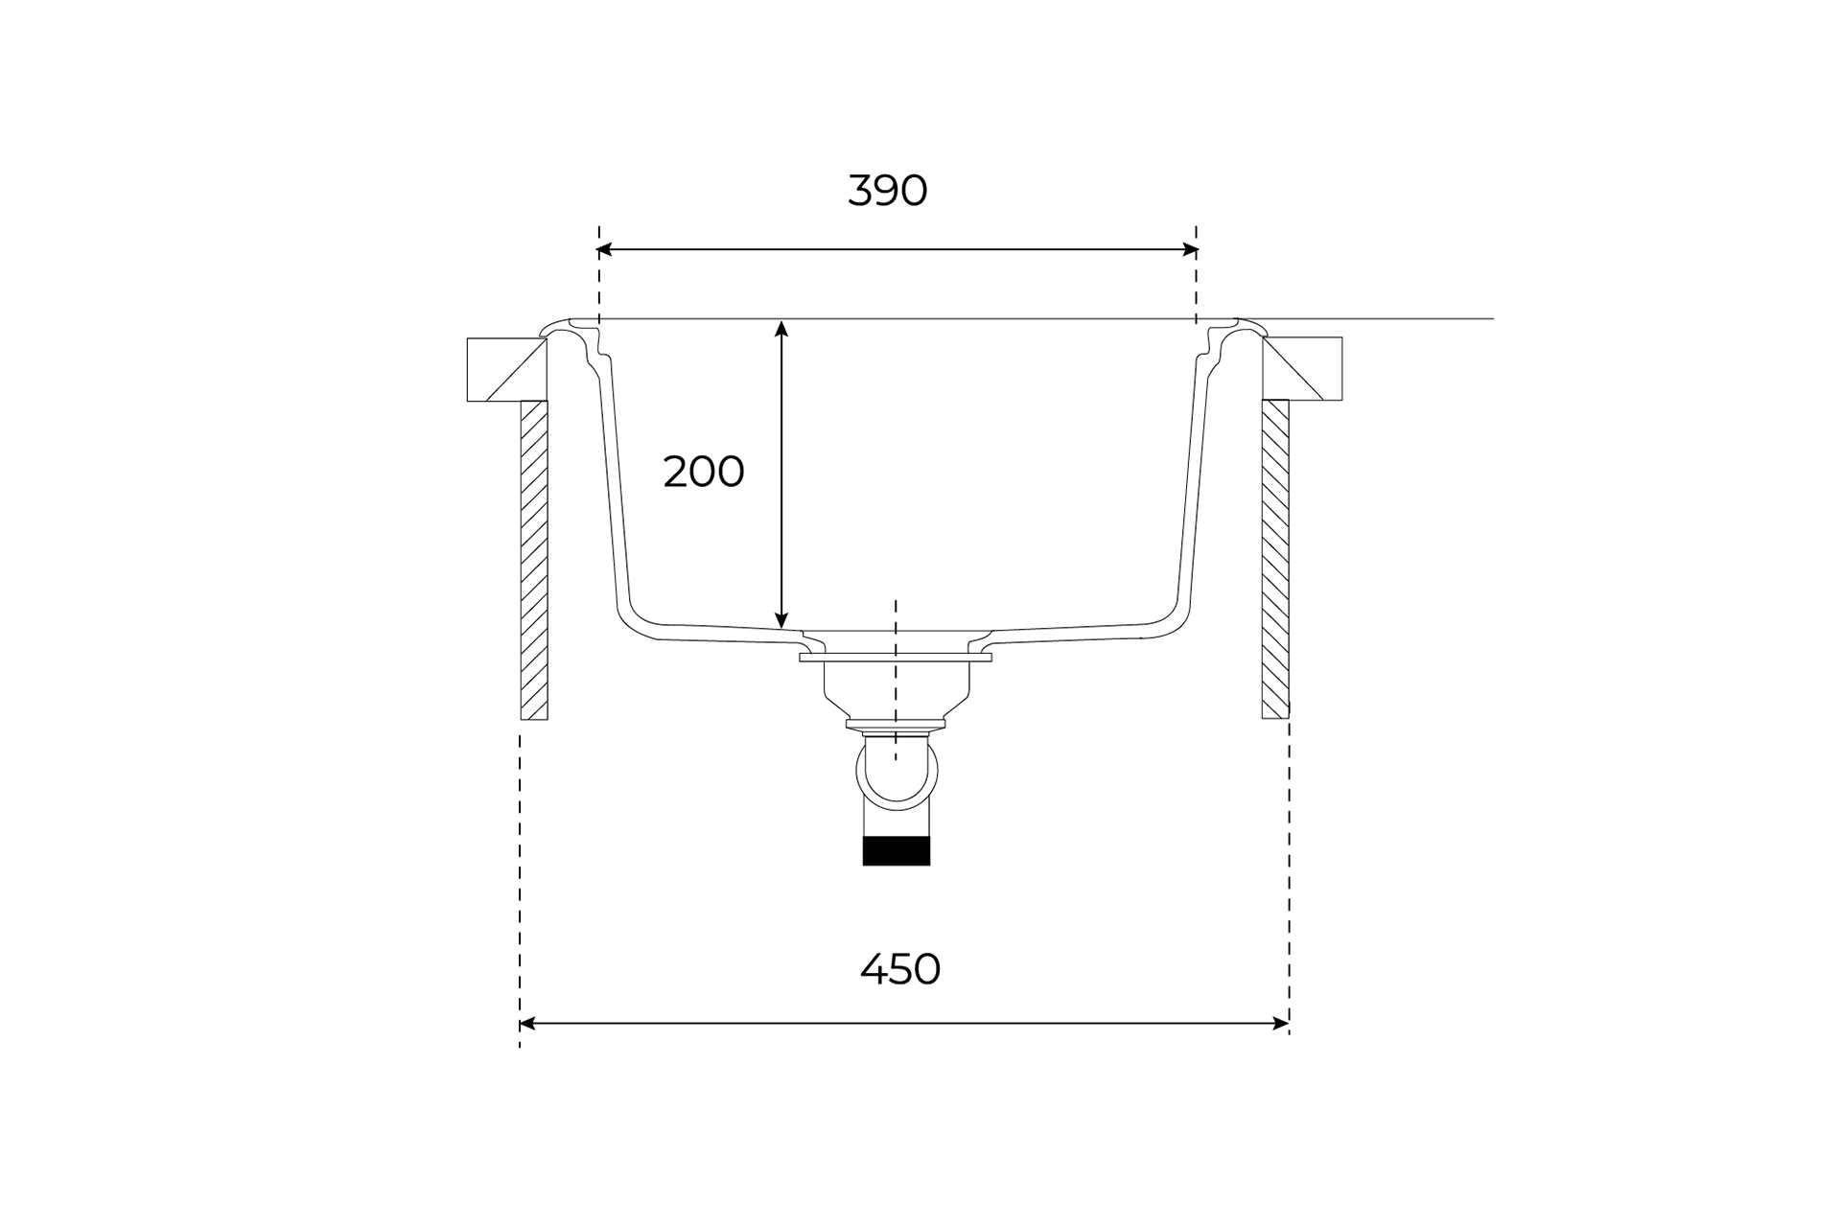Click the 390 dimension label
pyautogui.click(x=887, y=191)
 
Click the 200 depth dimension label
pyautogui.click(x=703, y=472)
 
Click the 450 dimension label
pyautogui.click(x=899, y=969)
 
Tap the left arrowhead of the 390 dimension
pyautogui.click(x=604, y=250)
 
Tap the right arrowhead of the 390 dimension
pyautogui.click(x=1191, y=250)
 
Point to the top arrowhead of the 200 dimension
pyautogui.click(x=781, y=329)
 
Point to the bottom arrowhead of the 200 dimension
pyautogui.click(x=781, y=620)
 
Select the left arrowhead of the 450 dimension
pyautogui.click(x=527, y=1024)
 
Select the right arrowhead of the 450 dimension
pyautogui.click(x=1281, y=1024)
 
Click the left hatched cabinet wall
pyautogui.click(x=534, y=560)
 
